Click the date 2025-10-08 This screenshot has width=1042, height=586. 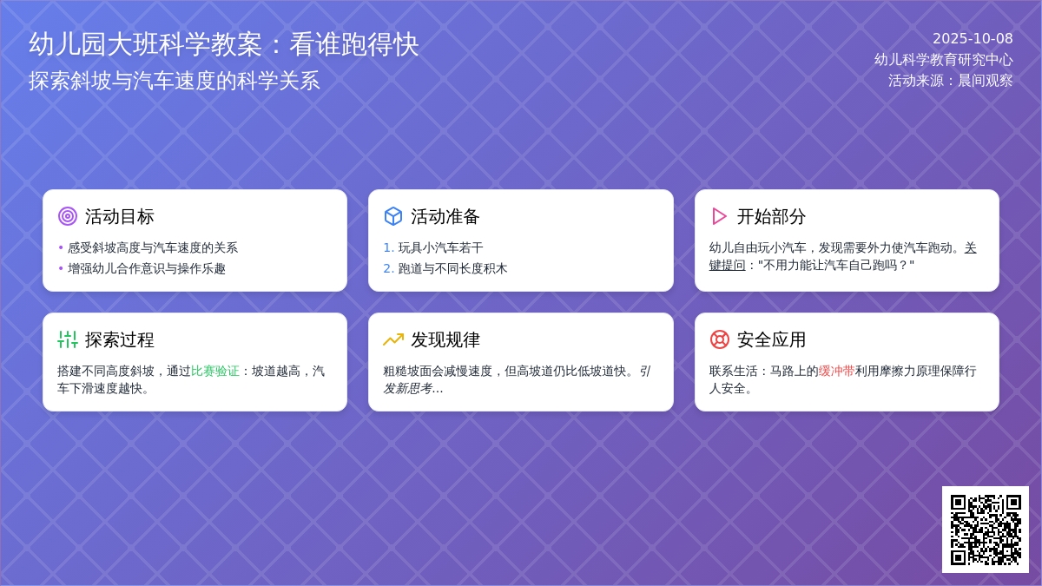(x=973, y=39)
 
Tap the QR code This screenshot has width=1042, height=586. (x=986, y=530)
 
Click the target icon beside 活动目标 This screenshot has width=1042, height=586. (x=68, y=216)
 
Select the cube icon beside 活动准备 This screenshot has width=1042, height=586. (x=393, y=216)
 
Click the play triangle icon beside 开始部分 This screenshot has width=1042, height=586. (x=719, y=216)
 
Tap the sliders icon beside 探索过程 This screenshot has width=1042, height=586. (x=68, y=339)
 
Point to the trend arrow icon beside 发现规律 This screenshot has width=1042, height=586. (x=393, y=339)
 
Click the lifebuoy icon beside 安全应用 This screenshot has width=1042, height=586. (x=719, y=339)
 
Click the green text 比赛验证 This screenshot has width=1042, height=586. (x=215, y=371)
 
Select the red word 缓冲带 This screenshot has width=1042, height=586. (x=836, y=371)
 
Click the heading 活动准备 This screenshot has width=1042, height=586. (x=445, y=216)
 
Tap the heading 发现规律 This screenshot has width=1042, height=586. (x=445, y=339)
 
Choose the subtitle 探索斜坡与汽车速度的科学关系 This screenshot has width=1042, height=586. (x=175, y=81)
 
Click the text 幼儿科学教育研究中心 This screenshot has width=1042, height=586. (x=943, y=60)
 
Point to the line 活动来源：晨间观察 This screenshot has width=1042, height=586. (x=950, y=81)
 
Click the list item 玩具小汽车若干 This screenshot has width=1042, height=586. (x=440, y=247)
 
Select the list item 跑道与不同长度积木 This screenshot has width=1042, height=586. (x=452, y=268)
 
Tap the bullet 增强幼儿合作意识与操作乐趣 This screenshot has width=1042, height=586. (x=147, y=268)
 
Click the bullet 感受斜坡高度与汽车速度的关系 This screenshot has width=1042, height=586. (x=153, y=247)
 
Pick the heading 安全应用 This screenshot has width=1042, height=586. (x=771, y=339)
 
